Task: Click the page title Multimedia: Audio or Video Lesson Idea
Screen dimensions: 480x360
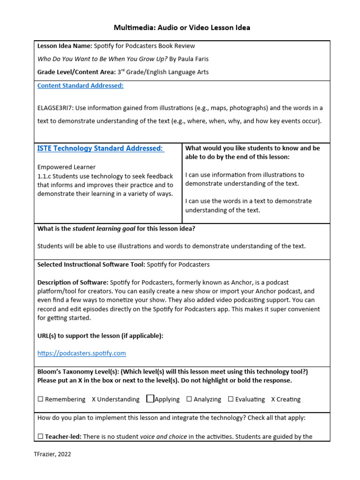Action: pos(182,28)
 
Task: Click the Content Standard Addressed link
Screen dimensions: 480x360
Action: pos(80,86)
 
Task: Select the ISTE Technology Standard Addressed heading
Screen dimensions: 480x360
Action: pos(100,149)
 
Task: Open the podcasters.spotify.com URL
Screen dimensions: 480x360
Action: pos(82,353)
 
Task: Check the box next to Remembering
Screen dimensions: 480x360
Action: pos(40,399)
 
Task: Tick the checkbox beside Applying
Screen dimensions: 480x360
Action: pos(150,399)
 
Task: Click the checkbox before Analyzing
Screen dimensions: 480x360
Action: pos(189,399)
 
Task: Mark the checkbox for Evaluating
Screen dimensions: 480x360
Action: pos(231,399)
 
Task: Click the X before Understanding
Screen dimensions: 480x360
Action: pos(94,399)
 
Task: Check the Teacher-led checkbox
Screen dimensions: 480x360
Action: pos(40,437)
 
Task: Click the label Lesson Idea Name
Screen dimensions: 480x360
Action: pos(64,46)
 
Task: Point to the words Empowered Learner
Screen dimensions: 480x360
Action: pos(66,167)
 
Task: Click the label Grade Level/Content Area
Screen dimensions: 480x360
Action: pos(76,72)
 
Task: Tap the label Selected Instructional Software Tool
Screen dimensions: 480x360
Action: pos(91,264)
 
